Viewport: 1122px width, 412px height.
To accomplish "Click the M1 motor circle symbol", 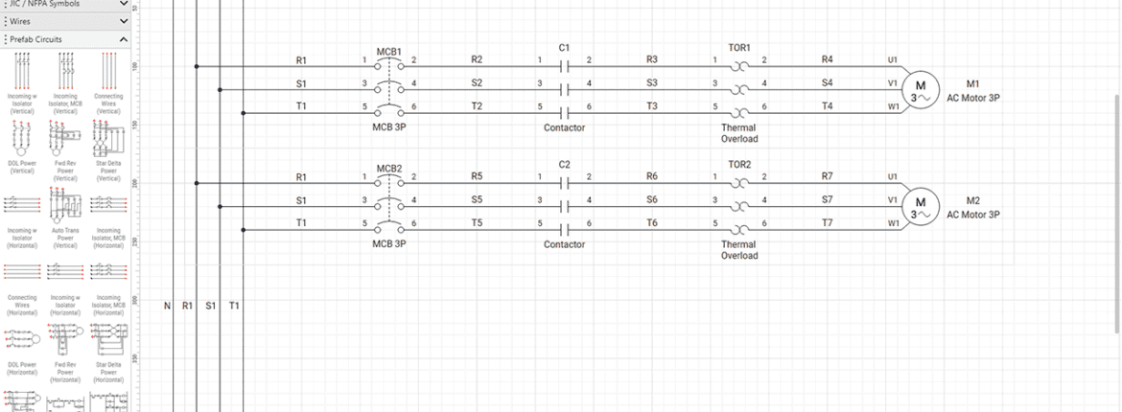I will click(x=921, y=90).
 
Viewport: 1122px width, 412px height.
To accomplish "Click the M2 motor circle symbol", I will click(x=921, y=207).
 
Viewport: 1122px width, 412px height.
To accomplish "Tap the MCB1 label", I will click(x=388, y=51).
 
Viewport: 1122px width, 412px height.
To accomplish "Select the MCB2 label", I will click(x=388, y=169).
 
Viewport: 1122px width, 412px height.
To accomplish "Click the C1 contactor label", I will click(x=564, y=47).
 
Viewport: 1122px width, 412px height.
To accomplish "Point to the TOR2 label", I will click(x=739, y=164).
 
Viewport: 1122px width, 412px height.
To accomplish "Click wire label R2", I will click(x=477, y=59).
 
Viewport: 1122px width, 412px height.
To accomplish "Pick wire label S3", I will click(x=652, y=82).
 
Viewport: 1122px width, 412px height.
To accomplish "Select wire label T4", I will click(x=828, y=105).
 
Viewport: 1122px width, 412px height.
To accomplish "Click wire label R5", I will click(x=477, y=176).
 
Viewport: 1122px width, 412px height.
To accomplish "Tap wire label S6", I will click(x=652, y=199).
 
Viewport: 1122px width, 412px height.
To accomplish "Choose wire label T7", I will click(x=828, y=222).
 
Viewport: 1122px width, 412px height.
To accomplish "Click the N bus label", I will click(x=166, y=306).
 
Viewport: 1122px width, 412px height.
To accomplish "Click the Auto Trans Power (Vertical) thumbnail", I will click(x=65, y=210).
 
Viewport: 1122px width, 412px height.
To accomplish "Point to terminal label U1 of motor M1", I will click(x=893, y=59).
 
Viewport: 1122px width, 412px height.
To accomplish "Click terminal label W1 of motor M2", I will click(x=893, y=223).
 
